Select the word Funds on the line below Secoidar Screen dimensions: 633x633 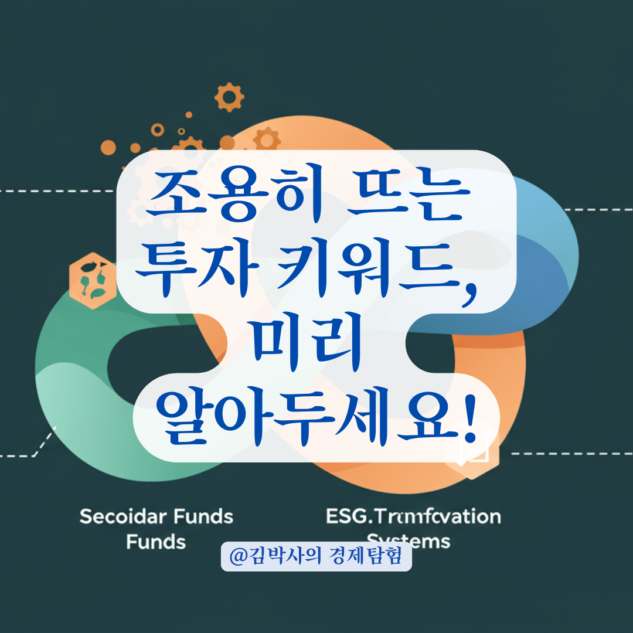pos(156,542)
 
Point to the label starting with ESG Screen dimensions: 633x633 pos(413,517)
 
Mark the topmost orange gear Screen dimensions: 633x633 pos(229,96)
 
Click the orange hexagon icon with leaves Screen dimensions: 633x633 pos(93,277)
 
